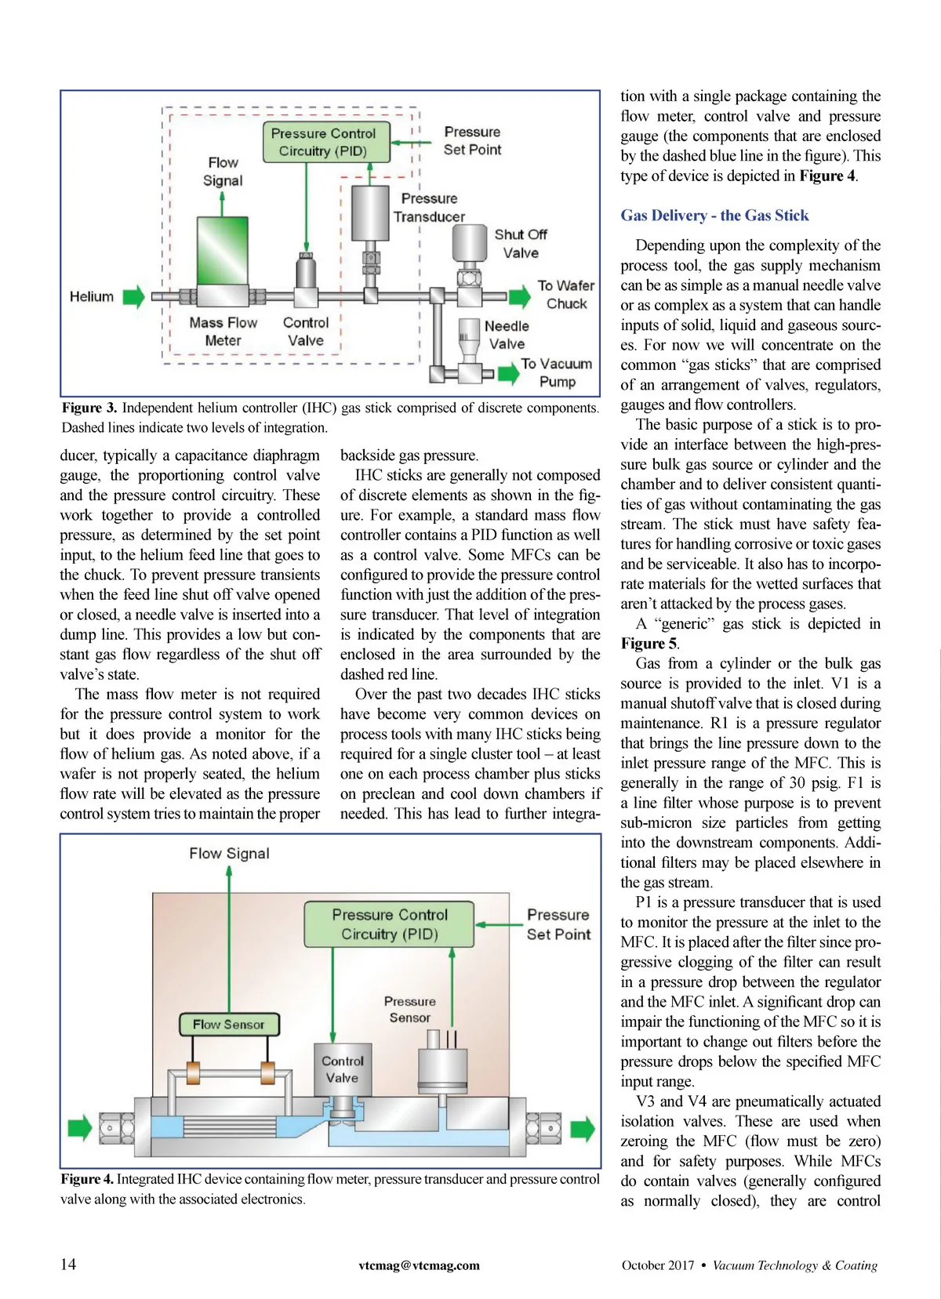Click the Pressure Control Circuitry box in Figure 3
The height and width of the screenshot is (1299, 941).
coord(323,142)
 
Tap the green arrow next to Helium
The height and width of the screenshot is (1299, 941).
coord(134,297)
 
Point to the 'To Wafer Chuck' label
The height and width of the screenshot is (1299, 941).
coord(566,295)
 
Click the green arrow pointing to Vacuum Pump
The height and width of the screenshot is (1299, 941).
coord(509,373)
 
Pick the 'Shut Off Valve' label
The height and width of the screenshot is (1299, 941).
coord(521,244)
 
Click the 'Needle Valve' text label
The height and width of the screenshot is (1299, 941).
coord(507,335)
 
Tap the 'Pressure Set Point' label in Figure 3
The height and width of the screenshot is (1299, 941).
coord(472,141)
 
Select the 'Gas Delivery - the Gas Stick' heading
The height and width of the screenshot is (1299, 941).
coord(714,216)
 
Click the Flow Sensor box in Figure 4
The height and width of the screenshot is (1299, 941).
coord(228,1024)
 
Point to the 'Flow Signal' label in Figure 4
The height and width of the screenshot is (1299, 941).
coord(229,853)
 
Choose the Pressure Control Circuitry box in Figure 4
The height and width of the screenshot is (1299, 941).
coord(390,924)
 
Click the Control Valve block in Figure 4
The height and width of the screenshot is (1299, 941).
coord(343,1069)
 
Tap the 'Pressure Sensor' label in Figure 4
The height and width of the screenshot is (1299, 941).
coord(409,1010)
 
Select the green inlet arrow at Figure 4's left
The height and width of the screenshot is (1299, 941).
coord(80,1128)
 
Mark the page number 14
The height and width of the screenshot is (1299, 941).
coord(68,1264)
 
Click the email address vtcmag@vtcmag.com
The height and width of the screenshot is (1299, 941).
coord(420,1265)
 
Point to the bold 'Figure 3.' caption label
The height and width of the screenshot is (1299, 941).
coord(89,408)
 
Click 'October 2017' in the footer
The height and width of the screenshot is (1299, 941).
coord(658,1265)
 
